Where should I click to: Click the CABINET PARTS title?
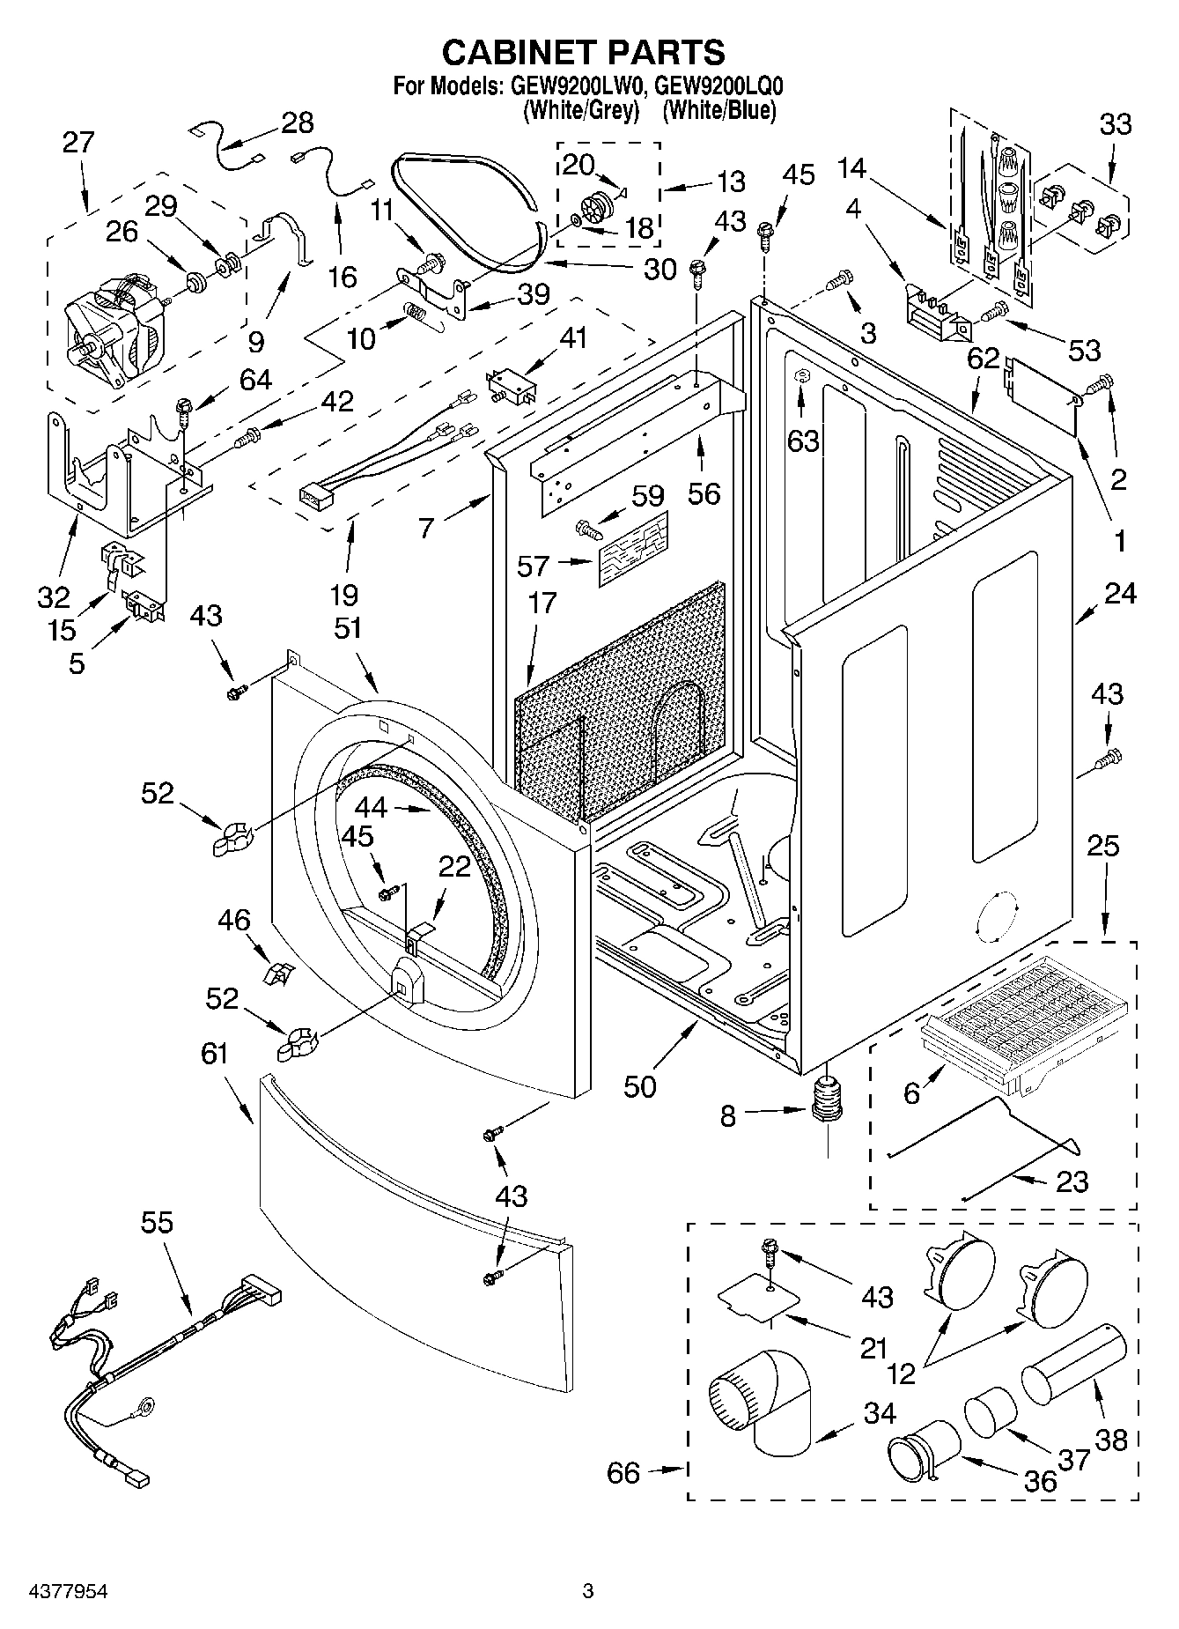click(583, 53)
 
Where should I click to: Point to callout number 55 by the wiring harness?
click(158, 1223)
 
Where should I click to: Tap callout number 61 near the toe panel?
click(214, 1054)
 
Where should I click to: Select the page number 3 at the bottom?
click(588, 1591)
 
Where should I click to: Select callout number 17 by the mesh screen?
click(543, 603)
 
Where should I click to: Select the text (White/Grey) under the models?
click(580, 111)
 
